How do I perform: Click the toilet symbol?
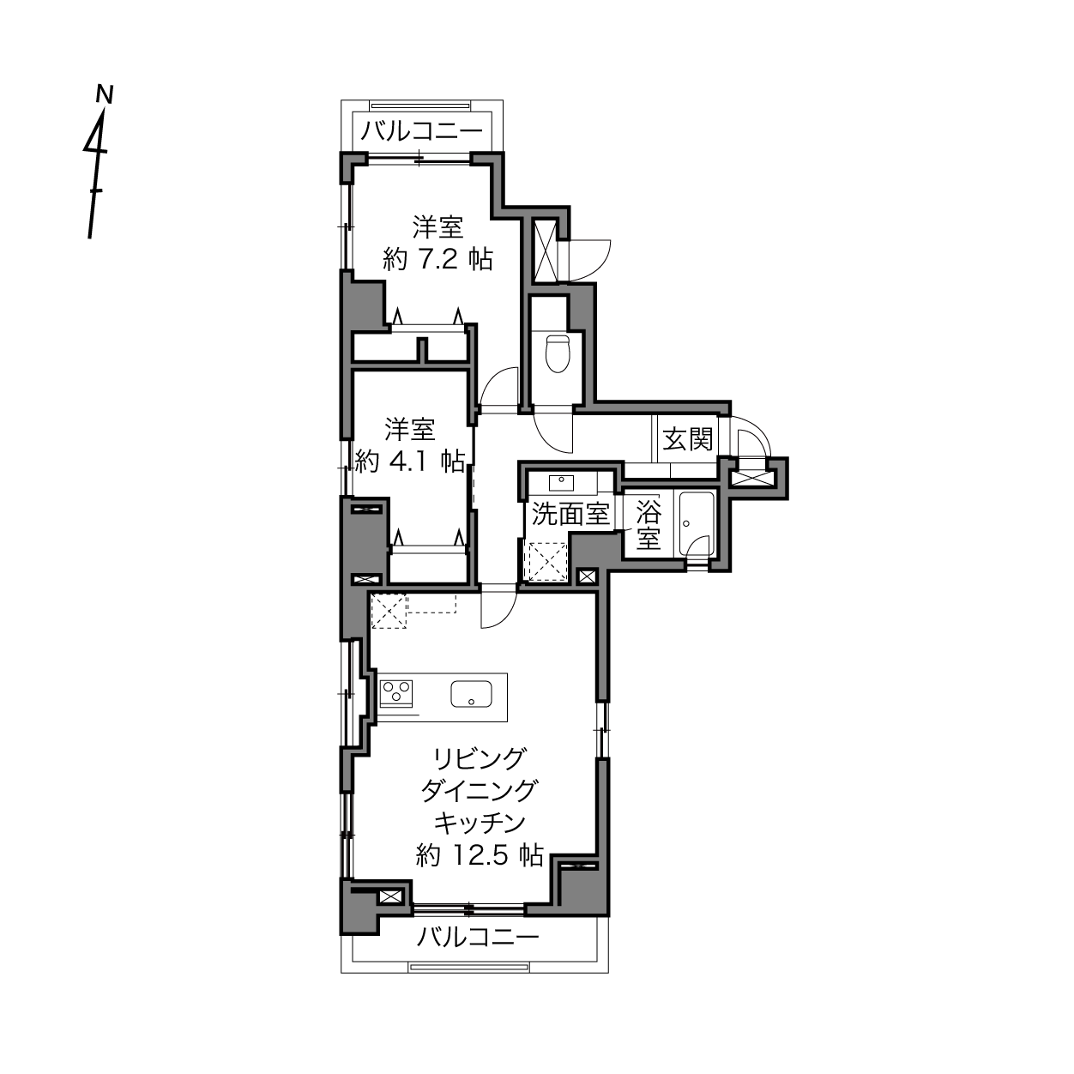coord(557,353)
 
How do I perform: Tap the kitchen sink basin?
coord(471,694)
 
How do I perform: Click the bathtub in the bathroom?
coord(697,522)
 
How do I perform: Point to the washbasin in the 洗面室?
coord(561,481)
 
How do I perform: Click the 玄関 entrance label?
coord(688,440)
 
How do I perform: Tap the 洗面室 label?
coord(570,514)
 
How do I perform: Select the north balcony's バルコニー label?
coord(421,132)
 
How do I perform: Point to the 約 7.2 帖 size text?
coord(437,259)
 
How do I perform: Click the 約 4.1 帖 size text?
coord(410,462)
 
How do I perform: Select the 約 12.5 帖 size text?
coord(480,855)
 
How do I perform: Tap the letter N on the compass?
coord(104,94)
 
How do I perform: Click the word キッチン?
coord(480,822)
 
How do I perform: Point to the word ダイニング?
coord(480,790)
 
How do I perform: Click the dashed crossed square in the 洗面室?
coord(548,561)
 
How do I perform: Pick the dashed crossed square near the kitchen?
coord(389,612)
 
